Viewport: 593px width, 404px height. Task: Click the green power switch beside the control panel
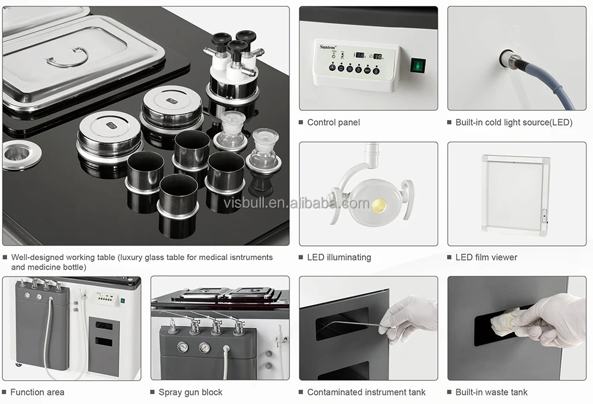tap(418, 66)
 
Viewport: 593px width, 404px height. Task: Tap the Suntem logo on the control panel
tap(327, 47)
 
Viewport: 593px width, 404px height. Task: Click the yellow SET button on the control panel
tap(367, 70)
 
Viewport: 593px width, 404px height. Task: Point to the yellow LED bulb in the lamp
tap(379, 205)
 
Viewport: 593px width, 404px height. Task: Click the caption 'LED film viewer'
tap(486, 257)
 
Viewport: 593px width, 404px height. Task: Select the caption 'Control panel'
tap(333, 123)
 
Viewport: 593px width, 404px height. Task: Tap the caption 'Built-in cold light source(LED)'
tap(514, 123)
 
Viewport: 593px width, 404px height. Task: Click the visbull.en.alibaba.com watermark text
tap(296, 203)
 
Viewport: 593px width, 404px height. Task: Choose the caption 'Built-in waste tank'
tap(491, 392)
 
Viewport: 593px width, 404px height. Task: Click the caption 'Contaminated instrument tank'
tap(366, 392)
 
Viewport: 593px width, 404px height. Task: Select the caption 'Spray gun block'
tap(190, 392)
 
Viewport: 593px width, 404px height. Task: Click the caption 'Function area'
tap(37, 392)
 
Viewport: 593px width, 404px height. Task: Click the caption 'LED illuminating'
tap(339, 257)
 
